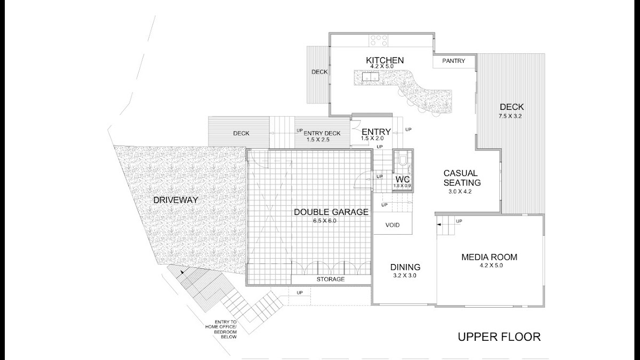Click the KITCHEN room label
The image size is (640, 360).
(385, 60)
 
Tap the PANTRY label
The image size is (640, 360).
(453, 61)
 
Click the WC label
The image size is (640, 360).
(403, 180)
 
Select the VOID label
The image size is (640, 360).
(393, 225)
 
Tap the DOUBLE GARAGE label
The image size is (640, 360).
(331, 212)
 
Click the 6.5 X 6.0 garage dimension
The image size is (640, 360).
(325, 221)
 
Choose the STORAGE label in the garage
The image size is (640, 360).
(331, 279)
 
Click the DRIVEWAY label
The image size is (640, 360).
(175, 200)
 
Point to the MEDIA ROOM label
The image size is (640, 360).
(490, 257)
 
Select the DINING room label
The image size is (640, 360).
(405, 267)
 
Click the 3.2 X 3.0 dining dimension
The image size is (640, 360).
(405, 276)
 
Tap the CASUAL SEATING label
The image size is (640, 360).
(462, 178)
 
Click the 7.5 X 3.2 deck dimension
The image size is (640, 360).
(510, 116)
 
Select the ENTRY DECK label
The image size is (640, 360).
(322, 133)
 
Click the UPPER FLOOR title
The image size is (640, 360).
(499, 337)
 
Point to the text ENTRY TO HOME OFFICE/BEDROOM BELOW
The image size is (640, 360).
(221, 329)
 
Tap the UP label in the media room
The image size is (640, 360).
(459, 221)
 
